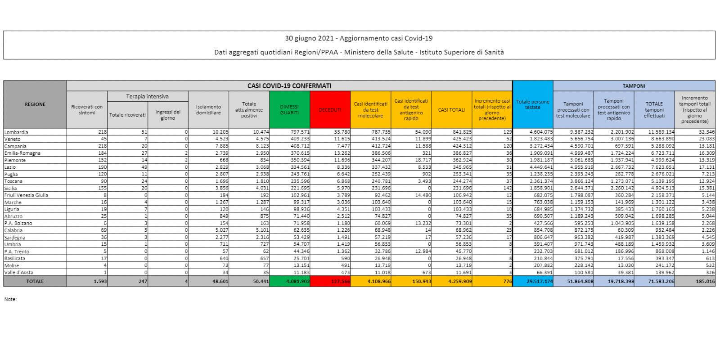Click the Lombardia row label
[16, 132]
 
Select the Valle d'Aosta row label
[18, 272]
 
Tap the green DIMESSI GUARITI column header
[289, 110]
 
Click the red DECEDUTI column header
[330, 110]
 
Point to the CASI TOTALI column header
[451, 110]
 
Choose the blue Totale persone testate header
[532, 104]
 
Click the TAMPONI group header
[634, 85]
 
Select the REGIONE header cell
[35, 104]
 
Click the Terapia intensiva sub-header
[147, 96]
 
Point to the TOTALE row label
[35, 281]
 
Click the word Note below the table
[10, 299]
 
